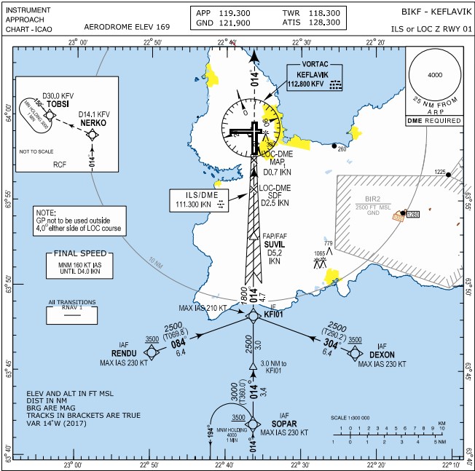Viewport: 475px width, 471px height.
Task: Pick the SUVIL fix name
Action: point(274,245)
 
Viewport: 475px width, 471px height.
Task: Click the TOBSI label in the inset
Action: point(58,104)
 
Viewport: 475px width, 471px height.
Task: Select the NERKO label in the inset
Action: point(95,124)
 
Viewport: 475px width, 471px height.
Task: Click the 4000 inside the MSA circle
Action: point(435,75)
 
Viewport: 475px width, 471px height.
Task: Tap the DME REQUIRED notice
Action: point(434,120)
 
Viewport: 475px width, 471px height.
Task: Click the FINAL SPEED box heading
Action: point(75,255)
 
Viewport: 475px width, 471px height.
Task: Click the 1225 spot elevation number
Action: point(439,173)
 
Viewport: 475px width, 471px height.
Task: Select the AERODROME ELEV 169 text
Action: point(127,26)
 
